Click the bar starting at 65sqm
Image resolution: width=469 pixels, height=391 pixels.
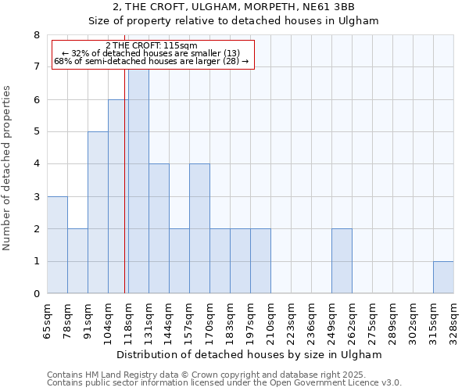click(57, 245)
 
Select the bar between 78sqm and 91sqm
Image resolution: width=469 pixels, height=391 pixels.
click(77, 261)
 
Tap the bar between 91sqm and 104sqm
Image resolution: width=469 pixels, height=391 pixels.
click(98, 213)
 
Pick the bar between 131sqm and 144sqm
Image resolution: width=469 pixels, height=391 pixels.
click(159, 228)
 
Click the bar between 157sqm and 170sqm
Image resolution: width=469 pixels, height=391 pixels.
click(199, 228)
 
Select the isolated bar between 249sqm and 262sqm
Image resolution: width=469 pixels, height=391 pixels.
click(342, 261)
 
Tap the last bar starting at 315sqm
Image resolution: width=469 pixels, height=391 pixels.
click(443, 278)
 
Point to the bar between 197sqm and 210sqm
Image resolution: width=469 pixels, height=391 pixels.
click(260, 261)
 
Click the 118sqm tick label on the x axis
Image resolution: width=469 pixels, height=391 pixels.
click(128, 318)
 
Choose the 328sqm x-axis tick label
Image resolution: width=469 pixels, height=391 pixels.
click(453, 318)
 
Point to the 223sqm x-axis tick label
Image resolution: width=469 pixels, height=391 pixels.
click(291, 318)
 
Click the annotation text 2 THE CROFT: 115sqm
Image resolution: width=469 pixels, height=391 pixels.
click(151, 46)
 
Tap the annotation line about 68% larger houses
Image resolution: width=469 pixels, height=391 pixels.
click(151, 61)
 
